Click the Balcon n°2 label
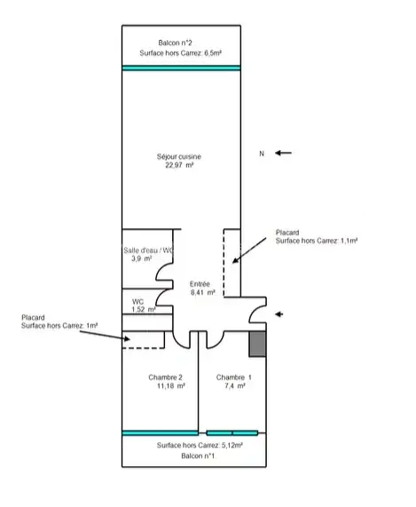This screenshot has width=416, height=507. [175, 43]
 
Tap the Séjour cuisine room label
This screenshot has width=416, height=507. [179, 156]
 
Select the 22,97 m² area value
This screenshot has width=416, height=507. [179, 165]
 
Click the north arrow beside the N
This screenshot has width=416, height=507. [283, 153]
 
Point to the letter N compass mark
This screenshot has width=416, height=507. [262, 154]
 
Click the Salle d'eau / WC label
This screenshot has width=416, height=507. [148, 250]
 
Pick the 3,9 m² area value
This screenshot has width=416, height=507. [141, 258]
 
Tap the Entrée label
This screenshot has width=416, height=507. [200, 284]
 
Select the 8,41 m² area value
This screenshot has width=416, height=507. [203, 293]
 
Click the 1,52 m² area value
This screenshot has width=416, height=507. [144, 309]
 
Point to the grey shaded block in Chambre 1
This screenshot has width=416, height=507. [257, 344]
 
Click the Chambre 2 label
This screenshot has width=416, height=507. [165, 377]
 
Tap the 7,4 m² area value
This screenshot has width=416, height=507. [235, 385]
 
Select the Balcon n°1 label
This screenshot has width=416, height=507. [198, 456]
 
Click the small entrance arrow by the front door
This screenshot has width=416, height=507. [279, 314]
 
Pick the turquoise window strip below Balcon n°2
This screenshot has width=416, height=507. [181, 67]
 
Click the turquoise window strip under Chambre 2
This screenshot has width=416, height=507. [161, 433]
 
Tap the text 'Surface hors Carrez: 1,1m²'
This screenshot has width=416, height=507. [317, 241]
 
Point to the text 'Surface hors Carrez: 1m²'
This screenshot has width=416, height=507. [59, 326]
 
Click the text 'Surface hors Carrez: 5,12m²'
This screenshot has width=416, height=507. [200, 445]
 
